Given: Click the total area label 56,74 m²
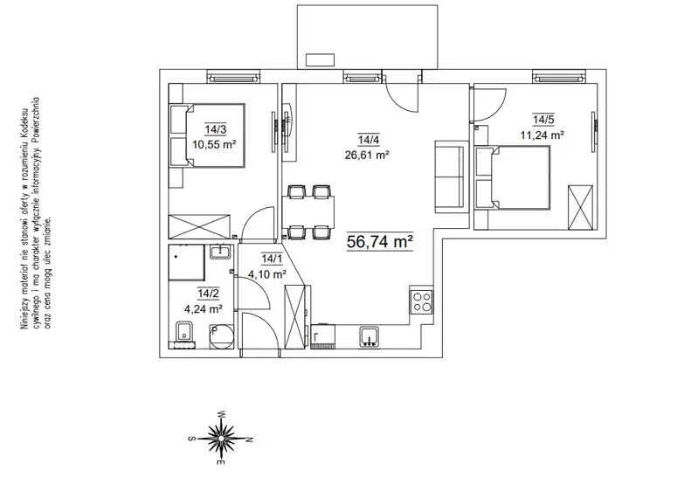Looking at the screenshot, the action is coord(380,242).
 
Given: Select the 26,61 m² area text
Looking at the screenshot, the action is coord(367,155).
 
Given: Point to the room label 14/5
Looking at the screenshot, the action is coord(543,120).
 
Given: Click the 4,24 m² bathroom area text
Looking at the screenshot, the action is coord(204,309).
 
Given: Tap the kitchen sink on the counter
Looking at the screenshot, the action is coord(370,336).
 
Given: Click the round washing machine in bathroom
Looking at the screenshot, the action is coord(222,337).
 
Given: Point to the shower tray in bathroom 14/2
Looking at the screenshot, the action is coord(187,263).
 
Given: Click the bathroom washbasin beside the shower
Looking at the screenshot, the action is coord(220,252).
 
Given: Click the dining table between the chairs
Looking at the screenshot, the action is coord(308,211).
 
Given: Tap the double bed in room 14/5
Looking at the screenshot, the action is coord(513,178).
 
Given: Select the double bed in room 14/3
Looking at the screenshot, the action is coord(208,135).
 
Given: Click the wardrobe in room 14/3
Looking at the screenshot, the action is coord(199,226).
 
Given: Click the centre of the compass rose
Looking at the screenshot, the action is coord(220,439).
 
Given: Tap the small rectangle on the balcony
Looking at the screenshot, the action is coord(320,60).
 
